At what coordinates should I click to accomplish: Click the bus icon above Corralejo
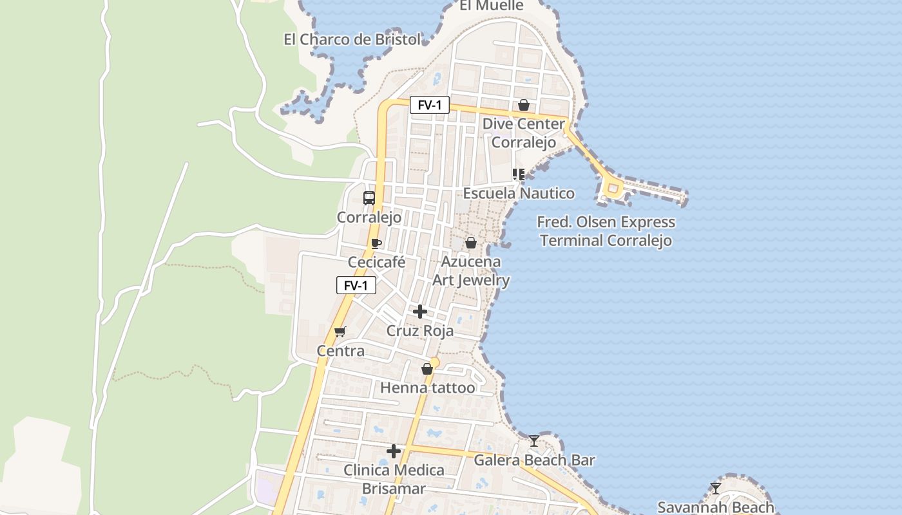[x=369, y=198]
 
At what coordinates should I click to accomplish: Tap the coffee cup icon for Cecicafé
[x=376, y=243]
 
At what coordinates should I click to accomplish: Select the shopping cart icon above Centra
[x=340, y=332]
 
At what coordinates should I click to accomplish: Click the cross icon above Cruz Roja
[x=420, y=312]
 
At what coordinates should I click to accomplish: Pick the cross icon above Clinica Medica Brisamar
[x=394, y=451]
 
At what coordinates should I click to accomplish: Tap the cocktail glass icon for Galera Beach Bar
[x=534, y=440]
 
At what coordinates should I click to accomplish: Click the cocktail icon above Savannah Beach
[x=715, y=488]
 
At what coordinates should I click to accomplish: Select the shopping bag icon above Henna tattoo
[x=427, y=369]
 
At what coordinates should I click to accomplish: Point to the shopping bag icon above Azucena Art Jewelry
[x=471, y=243]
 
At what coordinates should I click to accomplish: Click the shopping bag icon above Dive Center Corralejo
[x=524, y=104]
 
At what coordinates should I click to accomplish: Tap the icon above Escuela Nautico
[x=519, y=174]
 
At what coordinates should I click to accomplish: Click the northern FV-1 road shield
[x=429, y=105]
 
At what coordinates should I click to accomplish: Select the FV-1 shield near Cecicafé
[x=356, y=285]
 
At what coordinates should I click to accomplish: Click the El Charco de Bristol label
[x=352, y=39]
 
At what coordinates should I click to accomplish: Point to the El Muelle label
[x=492, y=6]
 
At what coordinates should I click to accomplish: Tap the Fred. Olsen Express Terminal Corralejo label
[x=606, y=231]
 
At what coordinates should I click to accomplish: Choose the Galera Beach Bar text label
[x=534, y=460]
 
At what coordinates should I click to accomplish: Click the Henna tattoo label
[x=427, y=388]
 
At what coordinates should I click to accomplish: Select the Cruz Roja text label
[x=420, y=331]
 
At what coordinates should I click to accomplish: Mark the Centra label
[x=340, y=351]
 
